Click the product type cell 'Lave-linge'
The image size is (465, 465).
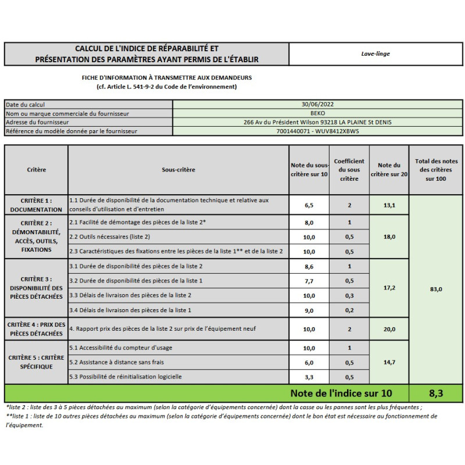click(375, 54)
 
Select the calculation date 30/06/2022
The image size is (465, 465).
click(317, 105)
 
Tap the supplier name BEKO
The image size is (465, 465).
click(317, 113)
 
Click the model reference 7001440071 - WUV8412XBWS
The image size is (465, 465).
click(317, 131)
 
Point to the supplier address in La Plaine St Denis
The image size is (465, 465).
click(317, 123)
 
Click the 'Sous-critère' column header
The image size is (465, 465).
click(178, 170)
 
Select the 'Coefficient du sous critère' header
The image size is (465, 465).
click(349, 170)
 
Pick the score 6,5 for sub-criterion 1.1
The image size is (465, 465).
click(309, 205)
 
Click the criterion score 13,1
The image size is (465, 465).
click(389, 205)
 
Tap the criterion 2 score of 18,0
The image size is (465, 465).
click(389, 237)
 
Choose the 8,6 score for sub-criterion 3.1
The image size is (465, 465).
click(309, 267)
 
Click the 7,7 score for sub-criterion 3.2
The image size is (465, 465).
click(309, 281)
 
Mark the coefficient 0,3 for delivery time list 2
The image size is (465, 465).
click(349, 296)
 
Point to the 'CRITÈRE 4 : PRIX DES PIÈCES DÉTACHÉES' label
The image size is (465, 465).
click(36, 329)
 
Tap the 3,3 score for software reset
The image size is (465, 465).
click(309, 377)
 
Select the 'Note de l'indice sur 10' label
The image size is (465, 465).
click(341, 394)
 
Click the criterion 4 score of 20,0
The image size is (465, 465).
click(389, 329)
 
